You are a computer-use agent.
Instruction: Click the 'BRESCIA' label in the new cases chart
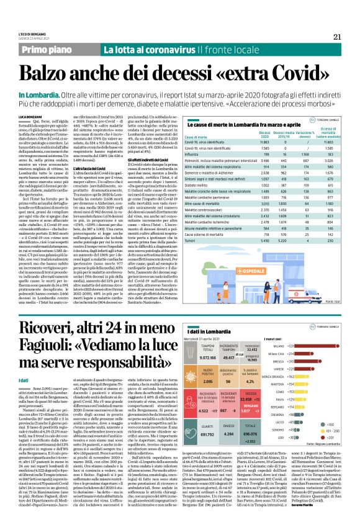click(295, 361)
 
